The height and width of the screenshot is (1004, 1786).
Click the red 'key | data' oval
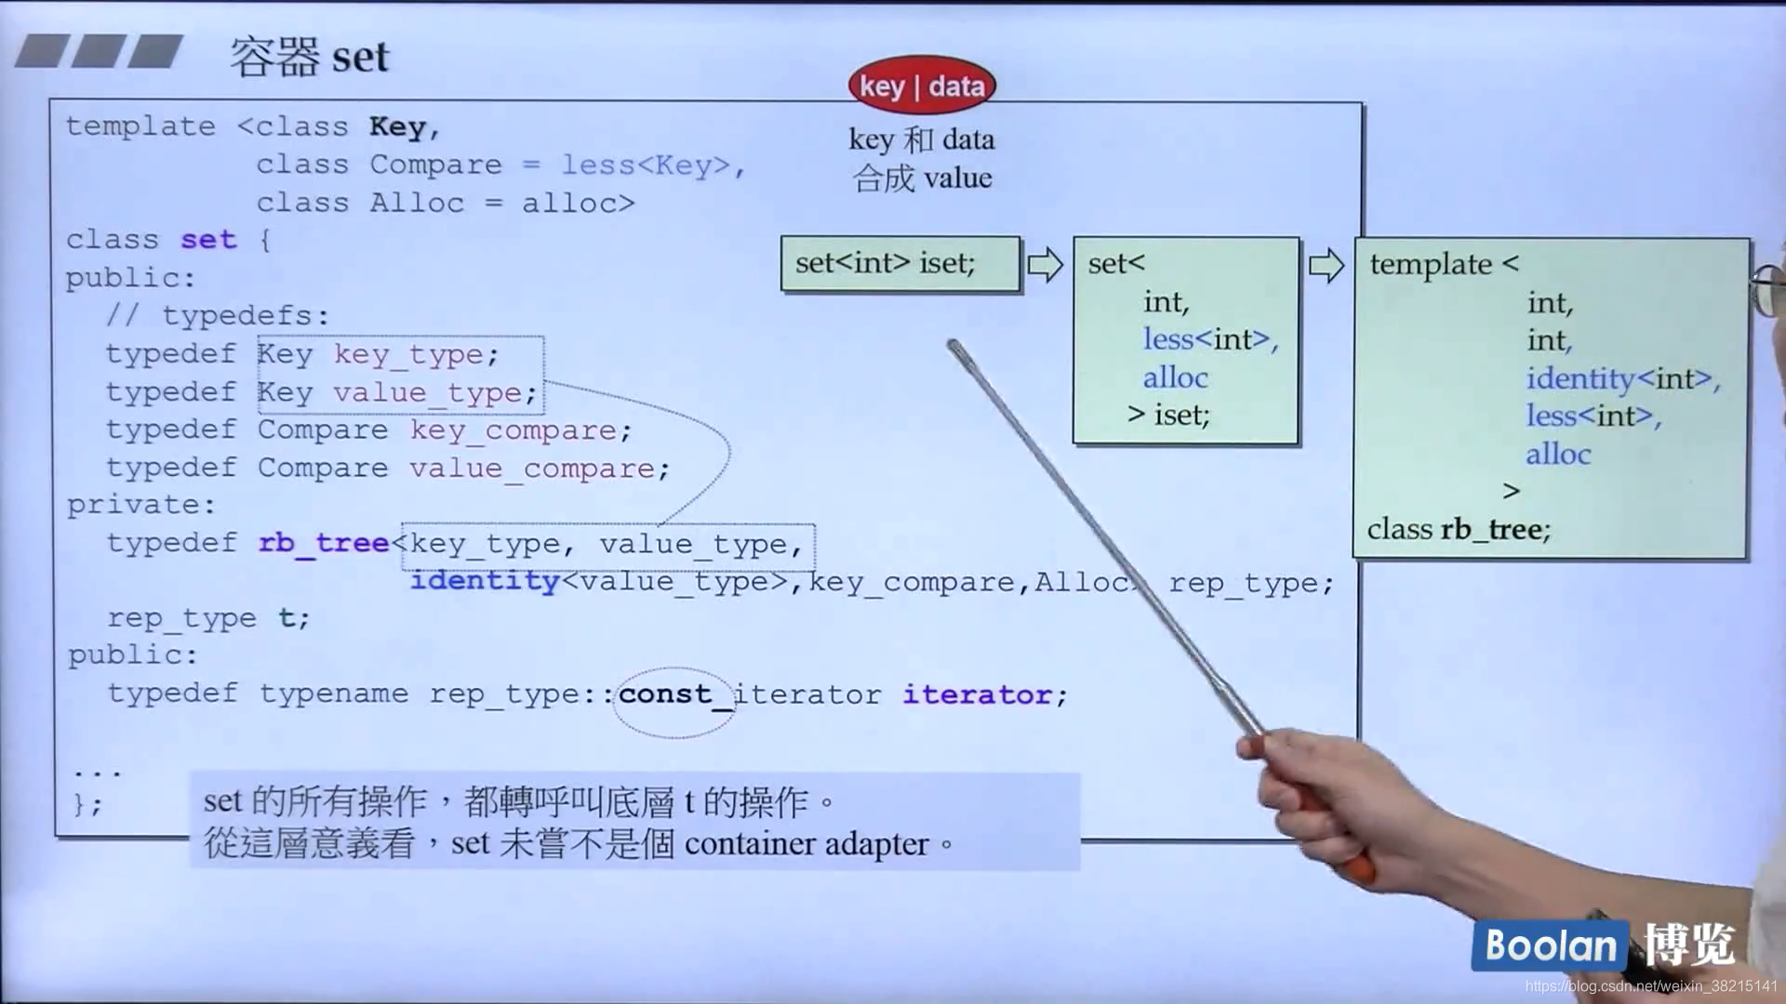(x=921, y=86)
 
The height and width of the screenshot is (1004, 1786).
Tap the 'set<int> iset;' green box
(x=900, y=264)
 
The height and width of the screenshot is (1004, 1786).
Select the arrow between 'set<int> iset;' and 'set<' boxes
(x=1046, y=265)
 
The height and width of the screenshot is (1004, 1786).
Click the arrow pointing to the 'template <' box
(x=1326, y=266)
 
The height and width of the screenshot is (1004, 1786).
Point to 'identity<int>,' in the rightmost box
(x=1622, y=378)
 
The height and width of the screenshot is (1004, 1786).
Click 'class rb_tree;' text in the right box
(x=1459, y=529)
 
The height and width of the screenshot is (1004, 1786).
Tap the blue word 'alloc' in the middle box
(x=1175, y=377)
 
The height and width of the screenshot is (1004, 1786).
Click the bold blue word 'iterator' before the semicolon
(x=977, y=694)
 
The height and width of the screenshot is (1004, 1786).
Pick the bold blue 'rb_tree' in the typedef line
(x=323, y=543)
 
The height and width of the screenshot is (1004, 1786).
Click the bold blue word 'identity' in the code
(x=485, y=581)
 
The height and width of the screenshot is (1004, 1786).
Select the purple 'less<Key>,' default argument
(x=652, y=165)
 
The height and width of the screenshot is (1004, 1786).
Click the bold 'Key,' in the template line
(x=404, y=126)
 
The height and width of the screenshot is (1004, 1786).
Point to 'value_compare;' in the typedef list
(x=539, y=469)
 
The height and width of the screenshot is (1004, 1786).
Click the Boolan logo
(x=1550, y=945)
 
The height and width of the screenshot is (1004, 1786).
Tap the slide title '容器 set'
(x=309, y=57)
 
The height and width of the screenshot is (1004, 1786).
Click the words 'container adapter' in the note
(x=806, y=844)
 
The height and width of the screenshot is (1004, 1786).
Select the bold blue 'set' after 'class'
(x=208, y=240)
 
